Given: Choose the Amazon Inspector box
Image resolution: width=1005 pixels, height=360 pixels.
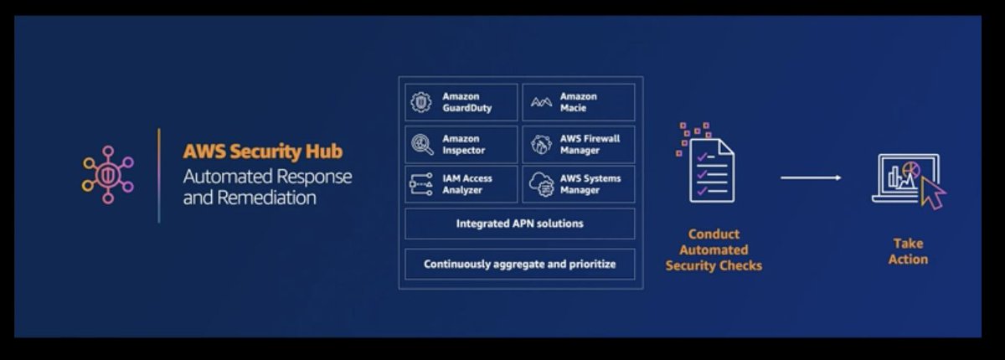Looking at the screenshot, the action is tap(461, 144).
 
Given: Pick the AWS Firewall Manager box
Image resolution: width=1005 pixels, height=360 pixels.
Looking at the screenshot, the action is tap(578, 144).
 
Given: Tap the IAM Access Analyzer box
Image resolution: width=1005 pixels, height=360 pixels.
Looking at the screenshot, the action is tap(461, 184).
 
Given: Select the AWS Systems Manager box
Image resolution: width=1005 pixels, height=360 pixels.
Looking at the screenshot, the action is tap(578, 184).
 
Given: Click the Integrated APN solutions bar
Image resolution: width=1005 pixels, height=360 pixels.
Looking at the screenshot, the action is tap(519, 224).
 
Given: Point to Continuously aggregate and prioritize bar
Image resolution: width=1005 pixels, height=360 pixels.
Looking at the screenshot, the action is tap(519, 264).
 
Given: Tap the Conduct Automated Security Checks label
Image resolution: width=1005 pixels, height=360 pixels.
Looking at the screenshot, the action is tap(714, 250).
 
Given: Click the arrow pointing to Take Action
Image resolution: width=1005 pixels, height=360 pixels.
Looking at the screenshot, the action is tap(811, 177).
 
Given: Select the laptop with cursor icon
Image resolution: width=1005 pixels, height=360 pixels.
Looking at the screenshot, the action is tap(908, 178).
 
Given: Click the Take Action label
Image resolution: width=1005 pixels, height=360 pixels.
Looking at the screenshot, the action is tap(908, 251).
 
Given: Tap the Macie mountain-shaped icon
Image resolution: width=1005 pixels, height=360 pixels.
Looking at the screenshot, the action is tap(541, 103).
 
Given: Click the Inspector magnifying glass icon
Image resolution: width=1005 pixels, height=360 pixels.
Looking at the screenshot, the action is tap(420, 144).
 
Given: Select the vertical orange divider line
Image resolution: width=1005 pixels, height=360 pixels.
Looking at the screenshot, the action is tap(159, 176).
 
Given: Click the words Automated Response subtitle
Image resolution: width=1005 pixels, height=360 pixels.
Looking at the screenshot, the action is tap(267, 177).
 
